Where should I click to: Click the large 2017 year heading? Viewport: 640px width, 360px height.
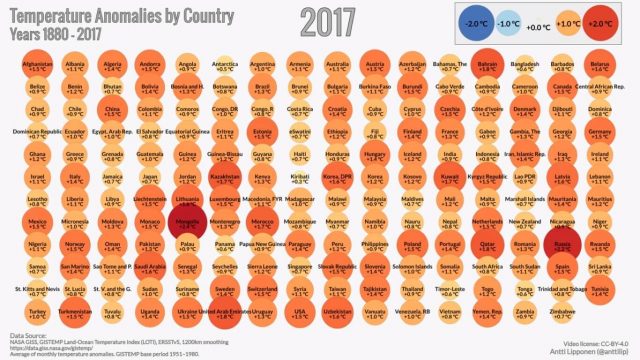click(x=342, y=20)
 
